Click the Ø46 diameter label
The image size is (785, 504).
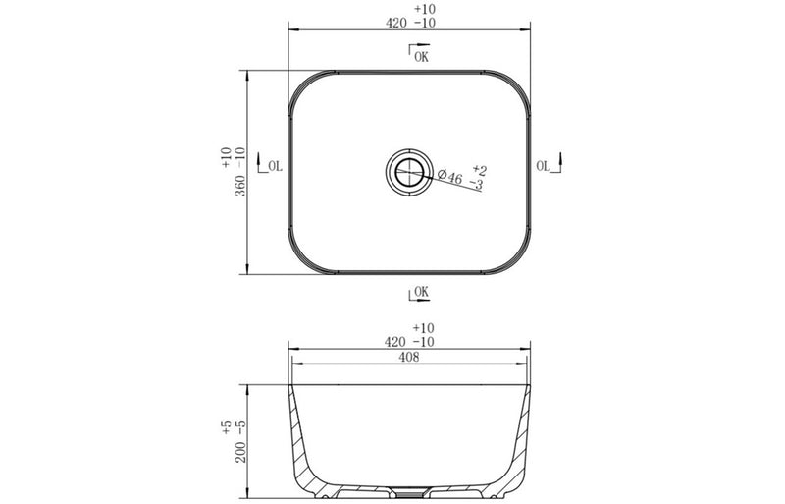point(449,177)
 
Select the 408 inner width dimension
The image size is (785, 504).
point(409,358)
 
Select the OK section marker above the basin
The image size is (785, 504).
point(418,56)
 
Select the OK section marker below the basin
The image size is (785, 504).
point(418,292)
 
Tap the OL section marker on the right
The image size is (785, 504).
point(547,166)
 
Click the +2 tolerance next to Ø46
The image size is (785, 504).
point(479,171)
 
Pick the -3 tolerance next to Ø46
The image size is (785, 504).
point(476,185)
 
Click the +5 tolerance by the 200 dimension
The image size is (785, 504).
point(225,427)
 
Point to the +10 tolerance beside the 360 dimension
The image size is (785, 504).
point(225,154)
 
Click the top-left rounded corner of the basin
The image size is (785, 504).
point(299,84)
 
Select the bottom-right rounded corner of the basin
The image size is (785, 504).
point(520,261)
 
